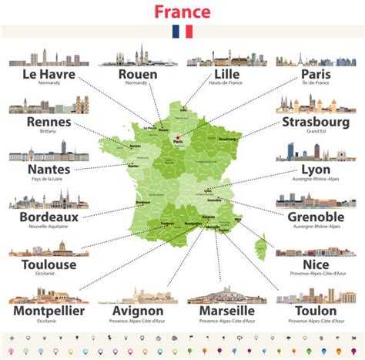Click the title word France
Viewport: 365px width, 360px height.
point(182,12)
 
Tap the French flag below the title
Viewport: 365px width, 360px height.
point(182,32)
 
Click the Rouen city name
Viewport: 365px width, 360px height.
point(138,75)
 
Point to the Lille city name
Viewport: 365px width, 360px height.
point(224,75)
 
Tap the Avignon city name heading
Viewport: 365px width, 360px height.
point(139,311)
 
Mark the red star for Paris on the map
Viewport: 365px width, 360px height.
point(176,137)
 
